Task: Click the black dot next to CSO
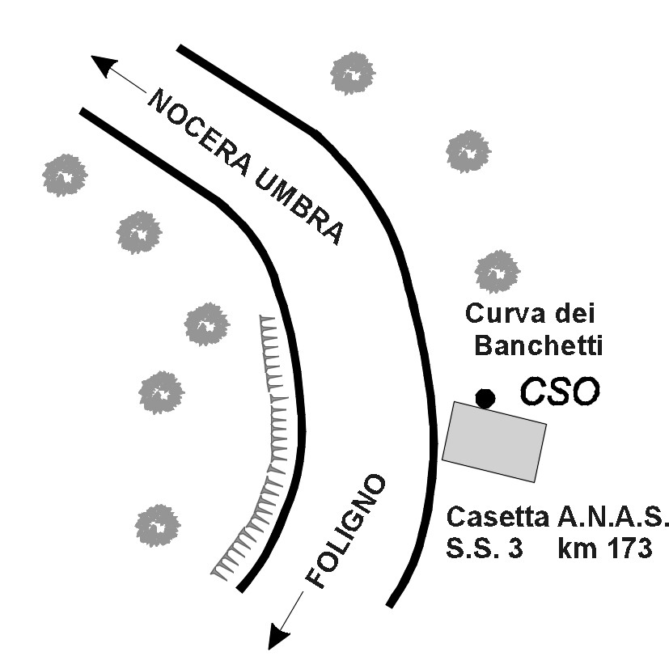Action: (485, 398)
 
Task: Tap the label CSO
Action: (560, 391)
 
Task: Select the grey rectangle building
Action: (494, 442)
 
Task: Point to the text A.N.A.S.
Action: (613, 518)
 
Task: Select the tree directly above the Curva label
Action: (497, 271)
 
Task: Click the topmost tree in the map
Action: (354, 73)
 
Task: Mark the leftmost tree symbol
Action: (65, 175)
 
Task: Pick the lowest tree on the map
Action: (157, 526)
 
